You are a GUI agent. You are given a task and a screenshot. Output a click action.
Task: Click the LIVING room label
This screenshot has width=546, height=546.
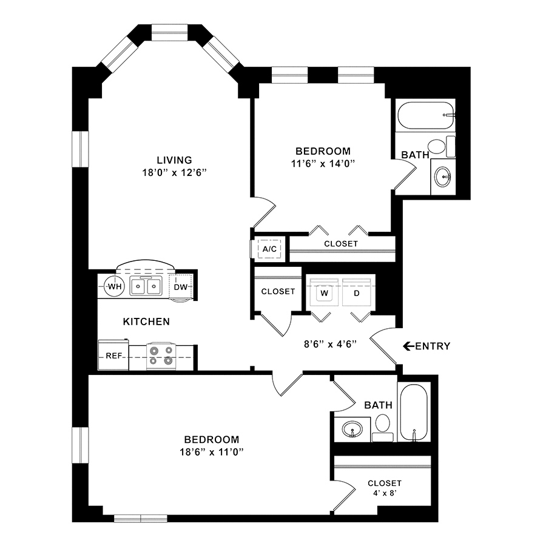(x=174, y=160)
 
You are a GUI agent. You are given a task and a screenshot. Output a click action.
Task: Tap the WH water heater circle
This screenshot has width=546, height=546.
(x=115, y=286)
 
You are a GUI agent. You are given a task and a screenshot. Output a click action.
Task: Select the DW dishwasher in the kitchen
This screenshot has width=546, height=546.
(x=180, y=287)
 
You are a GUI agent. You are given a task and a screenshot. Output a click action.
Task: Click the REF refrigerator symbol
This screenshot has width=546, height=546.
(x=113, y=355)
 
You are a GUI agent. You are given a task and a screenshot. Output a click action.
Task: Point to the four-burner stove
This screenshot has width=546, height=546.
(x=161, y=356)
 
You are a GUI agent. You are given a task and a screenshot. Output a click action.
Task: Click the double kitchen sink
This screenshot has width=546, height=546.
(x=146, y=286)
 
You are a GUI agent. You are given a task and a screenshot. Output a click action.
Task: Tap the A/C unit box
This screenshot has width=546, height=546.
(x=269, y=249)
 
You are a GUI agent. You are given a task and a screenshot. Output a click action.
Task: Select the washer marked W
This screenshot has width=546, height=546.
(x=324, y=292)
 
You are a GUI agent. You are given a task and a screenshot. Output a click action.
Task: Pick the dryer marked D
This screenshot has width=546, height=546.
(x=357, y=292)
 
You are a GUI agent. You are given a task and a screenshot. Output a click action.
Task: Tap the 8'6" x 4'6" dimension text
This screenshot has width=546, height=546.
(x=330, y=344)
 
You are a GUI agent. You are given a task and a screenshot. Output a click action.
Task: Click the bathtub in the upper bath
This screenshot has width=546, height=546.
(x=426, y=115)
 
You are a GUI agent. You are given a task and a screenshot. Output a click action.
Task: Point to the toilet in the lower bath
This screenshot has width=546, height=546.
(x=383, y=427)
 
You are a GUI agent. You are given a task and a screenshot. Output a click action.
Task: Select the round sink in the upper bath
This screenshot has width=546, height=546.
(x=443, y=177)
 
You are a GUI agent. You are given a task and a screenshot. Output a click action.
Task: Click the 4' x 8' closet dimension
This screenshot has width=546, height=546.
(x=385, y=493)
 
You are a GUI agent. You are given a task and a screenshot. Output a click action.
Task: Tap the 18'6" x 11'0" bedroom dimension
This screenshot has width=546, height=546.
(x=211, y=452)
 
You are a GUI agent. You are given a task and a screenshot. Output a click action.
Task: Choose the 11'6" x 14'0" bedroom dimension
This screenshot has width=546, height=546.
(x=323, y=163)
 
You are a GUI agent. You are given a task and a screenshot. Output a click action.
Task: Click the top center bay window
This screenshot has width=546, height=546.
(x=170, y=32)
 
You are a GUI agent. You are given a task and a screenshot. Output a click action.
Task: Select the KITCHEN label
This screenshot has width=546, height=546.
(x=146, y=322)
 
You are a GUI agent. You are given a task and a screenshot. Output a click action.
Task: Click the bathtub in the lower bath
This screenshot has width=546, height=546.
(x=414, y=413)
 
